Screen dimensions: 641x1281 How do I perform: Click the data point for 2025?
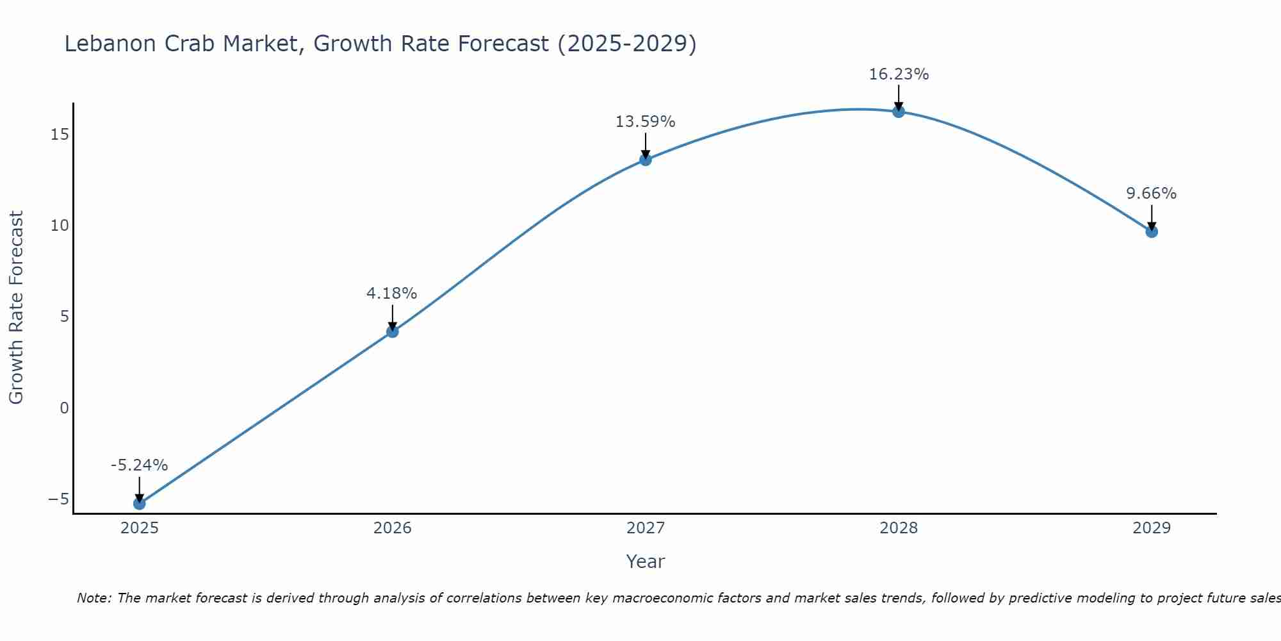point(139,503)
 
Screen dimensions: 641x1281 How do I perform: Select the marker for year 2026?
point(393,331)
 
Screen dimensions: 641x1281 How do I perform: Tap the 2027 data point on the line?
point(646,160)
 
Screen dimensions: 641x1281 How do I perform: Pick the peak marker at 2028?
point(899,112)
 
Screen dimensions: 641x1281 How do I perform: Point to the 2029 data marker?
point(1152,231)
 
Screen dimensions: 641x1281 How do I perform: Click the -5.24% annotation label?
point(139,465)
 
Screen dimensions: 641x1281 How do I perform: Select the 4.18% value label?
point(391,294)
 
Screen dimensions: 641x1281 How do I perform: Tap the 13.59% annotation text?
point(645,122)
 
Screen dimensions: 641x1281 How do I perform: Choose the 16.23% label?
point(899,74)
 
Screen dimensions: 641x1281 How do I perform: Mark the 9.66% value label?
point(1151,194)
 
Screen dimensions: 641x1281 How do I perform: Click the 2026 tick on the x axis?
point(393,528)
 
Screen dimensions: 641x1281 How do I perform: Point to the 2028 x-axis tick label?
point(899,528)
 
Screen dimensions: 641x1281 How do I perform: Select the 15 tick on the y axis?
point(60,135)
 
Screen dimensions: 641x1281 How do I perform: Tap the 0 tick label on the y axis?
point(64,408)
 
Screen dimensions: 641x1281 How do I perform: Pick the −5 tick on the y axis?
point(58,499)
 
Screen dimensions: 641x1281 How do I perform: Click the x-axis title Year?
point(645,562)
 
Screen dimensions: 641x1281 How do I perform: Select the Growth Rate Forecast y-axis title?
point(16,308)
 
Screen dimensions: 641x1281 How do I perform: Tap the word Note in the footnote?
point(94,598)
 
